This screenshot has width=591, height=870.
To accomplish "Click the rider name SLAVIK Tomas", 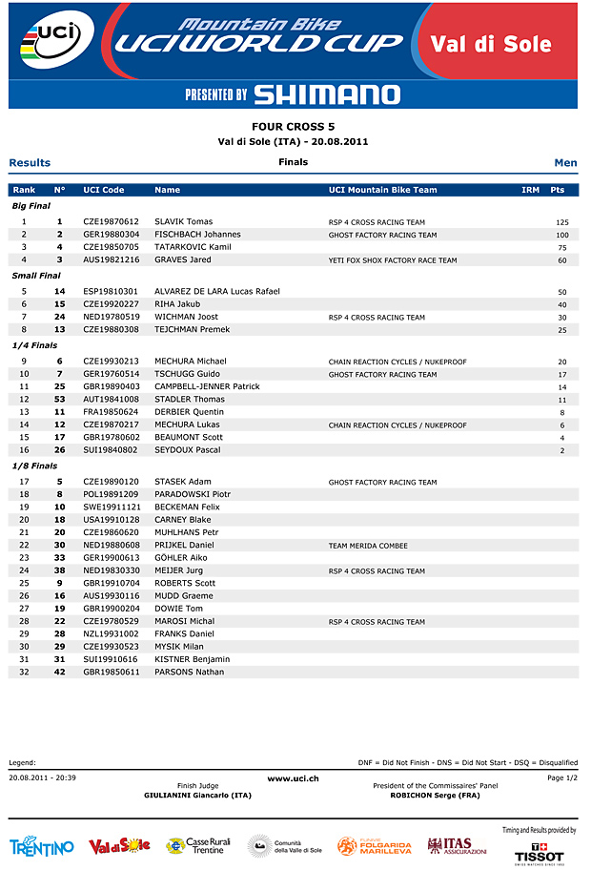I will pos(183,221).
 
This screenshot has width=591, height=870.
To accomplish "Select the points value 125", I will pos(561,222).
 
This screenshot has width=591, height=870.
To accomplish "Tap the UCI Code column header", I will pos(104,190).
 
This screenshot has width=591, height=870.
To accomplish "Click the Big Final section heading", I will pos(31,205).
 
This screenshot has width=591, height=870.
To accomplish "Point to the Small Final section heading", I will pos(36,276).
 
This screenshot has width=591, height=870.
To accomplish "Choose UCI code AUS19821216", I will pos(111,259).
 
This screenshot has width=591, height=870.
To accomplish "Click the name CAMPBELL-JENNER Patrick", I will pos(207,386).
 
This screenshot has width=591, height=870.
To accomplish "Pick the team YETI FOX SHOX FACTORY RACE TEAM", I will pos(393,260).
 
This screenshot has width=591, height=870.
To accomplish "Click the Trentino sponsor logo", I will pos(41,847).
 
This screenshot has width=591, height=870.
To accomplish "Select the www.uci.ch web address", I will pos(293,778).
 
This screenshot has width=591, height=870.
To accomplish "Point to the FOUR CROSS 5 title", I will pos(293,126).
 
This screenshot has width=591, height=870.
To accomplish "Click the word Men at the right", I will pos(565,163).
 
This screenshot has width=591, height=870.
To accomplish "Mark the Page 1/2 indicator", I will pos(562,778).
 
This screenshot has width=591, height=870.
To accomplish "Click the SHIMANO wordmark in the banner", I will pos(327,93).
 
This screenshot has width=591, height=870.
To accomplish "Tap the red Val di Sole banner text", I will pos(504,44).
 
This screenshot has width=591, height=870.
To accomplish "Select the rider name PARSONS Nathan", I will pos(189,672).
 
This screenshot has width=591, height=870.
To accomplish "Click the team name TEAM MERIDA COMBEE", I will pos(368,546).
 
